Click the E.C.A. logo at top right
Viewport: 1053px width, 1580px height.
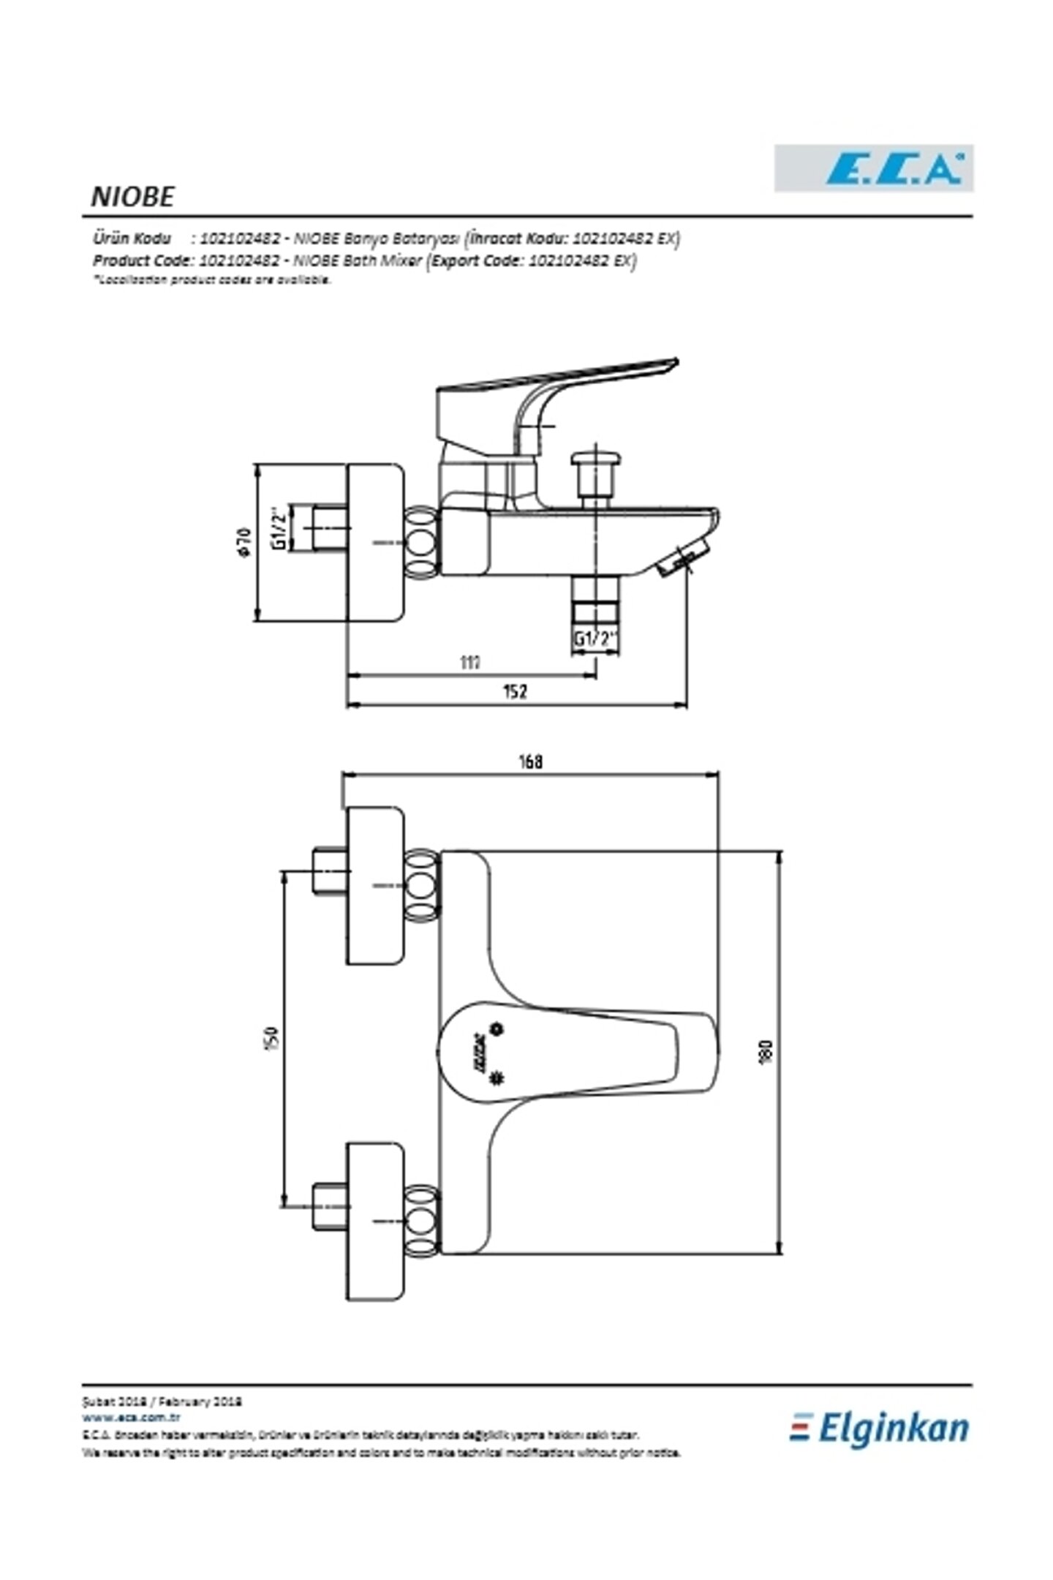(x=873, y=169)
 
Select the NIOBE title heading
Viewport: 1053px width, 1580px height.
(x=132, y=197)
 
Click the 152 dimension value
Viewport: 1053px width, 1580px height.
(x=515, y=691)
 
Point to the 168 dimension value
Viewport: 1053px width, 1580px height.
(x=531, y=761)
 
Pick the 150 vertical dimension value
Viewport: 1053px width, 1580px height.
(x=271, y=1037)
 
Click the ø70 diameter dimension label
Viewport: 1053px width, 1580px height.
(x=245, y=541)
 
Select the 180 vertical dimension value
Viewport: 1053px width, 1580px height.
(x=766, y=1052)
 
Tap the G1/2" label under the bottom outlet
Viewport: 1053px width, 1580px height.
(x=595, y=638)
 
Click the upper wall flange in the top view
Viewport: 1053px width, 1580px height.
(x=375, y=886)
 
